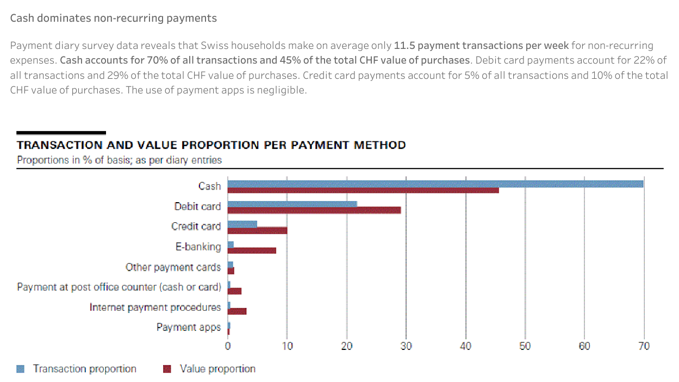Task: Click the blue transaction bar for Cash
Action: coord(435,184)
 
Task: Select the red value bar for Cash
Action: coord(363,190)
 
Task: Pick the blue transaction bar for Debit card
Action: coord(292,204)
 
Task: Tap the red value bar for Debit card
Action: coord(314,210)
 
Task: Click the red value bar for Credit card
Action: coord(257,230)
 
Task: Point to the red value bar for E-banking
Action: coord(252,251)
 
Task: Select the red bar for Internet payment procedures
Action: coord(237,311)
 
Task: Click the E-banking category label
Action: coord(198,247)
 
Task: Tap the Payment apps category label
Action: coord(188,327)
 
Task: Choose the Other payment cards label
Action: coord(173,267)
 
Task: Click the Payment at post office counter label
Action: coord(119,287)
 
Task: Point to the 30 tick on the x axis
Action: coord(406,346)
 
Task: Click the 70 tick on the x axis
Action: coord(644,346)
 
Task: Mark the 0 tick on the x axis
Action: coord(228,346)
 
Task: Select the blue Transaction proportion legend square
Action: coord(21,369)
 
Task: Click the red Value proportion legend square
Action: coord(167,369)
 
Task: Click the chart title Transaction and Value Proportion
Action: coord(211,145)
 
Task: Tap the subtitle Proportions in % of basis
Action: coord(119,160)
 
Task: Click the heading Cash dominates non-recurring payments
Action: coord(113,18)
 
